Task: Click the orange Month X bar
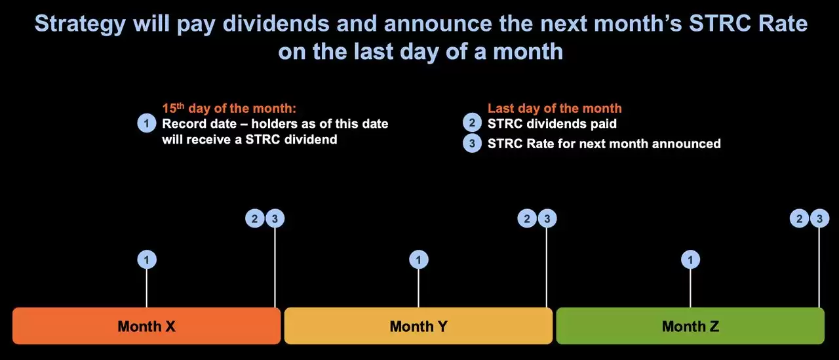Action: click(146, 326)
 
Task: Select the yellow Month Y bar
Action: click(418, 326)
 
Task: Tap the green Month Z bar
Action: click(690, 326)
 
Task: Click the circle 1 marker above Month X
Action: click(147, 260)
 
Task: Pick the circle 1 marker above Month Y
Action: click(419, 260)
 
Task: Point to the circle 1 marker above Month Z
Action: click(690, 260)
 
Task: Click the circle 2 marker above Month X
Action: click(255, 218)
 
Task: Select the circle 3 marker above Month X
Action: click(275, 218)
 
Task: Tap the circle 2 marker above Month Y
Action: click(527, 218)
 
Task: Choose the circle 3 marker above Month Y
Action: click(547, 218)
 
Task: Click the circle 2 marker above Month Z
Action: click(799, 218)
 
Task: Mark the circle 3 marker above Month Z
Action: click(819, 218)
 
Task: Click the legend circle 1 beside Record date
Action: click(147, 123)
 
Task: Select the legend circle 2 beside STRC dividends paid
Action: click(473, 123)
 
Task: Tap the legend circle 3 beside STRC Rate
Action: click(473, 143)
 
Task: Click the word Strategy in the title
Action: click(80, 24)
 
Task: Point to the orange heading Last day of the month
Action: click(555, 108)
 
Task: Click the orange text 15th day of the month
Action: click(229, 108)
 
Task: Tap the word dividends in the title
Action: click(276, 23)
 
